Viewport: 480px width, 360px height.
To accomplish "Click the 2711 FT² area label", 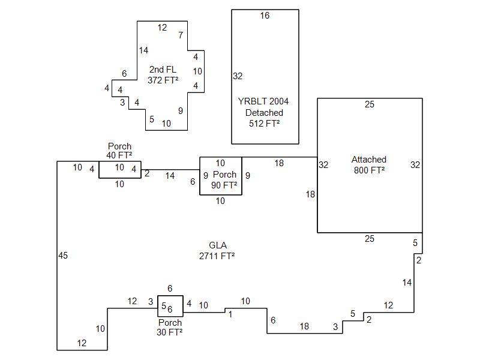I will point(217,256).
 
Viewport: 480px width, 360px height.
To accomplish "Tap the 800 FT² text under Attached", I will point(369,170).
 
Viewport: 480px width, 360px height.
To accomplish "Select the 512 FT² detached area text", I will point(265,124).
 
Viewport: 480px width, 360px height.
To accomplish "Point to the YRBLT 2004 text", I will point(265,101).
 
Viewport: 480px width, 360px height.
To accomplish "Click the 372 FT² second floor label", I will point(163,80).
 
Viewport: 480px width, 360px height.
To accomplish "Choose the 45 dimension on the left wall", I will point(63,256).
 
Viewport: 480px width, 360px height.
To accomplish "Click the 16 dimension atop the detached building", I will point(265,16).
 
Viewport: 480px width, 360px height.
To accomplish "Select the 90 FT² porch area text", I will point(225,185).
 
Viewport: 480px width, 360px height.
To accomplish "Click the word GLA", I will point(217,245).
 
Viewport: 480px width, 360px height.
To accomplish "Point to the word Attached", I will point(369,160).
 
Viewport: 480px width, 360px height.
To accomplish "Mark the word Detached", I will point(265,113).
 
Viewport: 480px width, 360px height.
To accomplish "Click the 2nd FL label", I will point(163,70).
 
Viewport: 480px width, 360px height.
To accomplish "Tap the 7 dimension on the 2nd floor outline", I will point(181,35).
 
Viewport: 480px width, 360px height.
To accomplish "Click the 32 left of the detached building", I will point(238,76).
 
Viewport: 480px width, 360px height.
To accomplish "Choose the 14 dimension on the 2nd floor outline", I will point(143,50).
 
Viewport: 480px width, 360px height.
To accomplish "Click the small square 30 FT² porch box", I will point(170,307).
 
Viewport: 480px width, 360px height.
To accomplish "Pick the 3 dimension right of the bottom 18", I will point(335,327).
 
